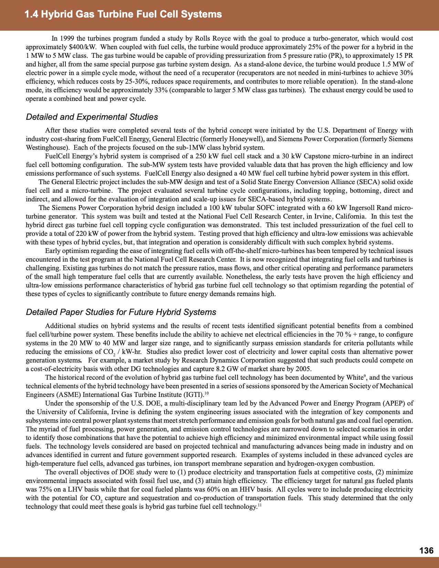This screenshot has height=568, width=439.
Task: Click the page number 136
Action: point(426,551)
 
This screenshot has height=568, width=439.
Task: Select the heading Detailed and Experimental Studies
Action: point(92,117)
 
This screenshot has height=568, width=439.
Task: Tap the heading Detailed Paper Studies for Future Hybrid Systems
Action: point(121,312)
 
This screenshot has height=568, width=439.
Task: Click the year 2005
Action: point(303,369)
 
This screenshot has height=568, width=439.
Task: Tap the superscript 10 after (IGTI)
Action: point(206,393)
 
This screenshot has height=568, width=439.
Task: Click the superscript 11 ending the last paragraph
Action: point(260,505)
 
